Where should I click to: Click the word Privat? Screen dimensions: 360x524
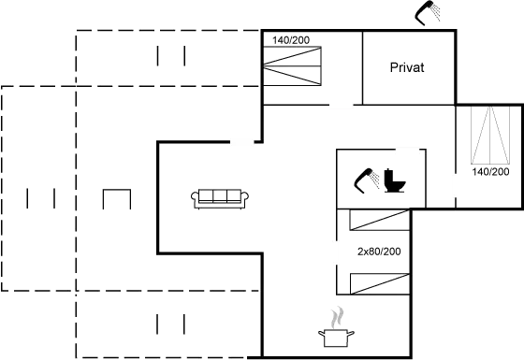pyautogui.click(x=408, y=68)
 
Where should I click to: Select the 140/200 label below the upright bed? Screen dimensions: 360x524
pyautogui.click(x=489, y=173)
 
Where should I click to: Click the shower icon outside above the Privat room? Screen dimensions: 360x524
pyautogui.click(x=431, y=13)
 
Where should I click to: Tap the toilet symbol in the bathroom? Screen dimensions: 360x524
pyautogui.click(x=392, y=178)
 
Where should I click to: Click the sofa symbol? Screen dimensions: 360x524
pyautogui.click(x=219, y=197)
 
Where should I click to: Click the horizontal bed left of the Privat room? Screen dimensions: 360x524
pyautogui.click(x=294, y=65)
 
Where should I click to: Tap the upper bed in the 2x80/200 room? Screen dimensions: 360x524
pyautogui.click(x=374, y=223)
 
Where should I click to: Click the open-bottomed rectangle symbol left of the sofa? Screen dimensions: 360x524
pyautogui.click(x=115, y=198)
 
